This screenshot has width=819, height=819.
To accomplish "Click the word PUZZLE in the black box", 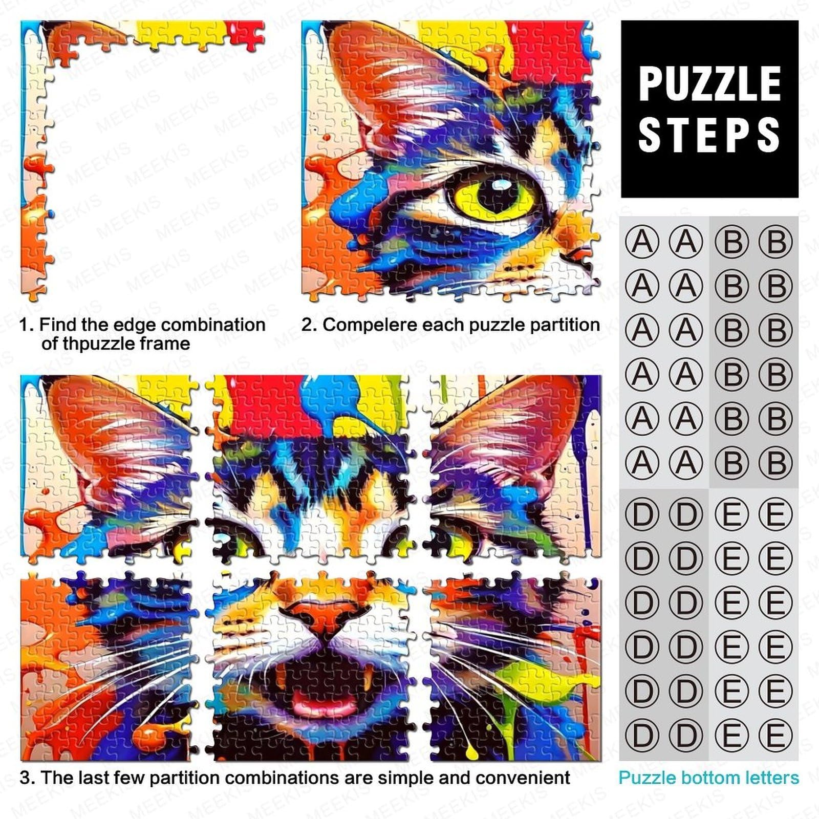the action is click(x=709, y=84).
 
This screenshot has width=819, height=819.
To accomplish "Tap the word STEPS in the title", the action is click(x=709, y=134).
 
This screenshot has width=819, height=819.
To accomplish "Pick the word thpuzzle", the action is click(x=94, y=343).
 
